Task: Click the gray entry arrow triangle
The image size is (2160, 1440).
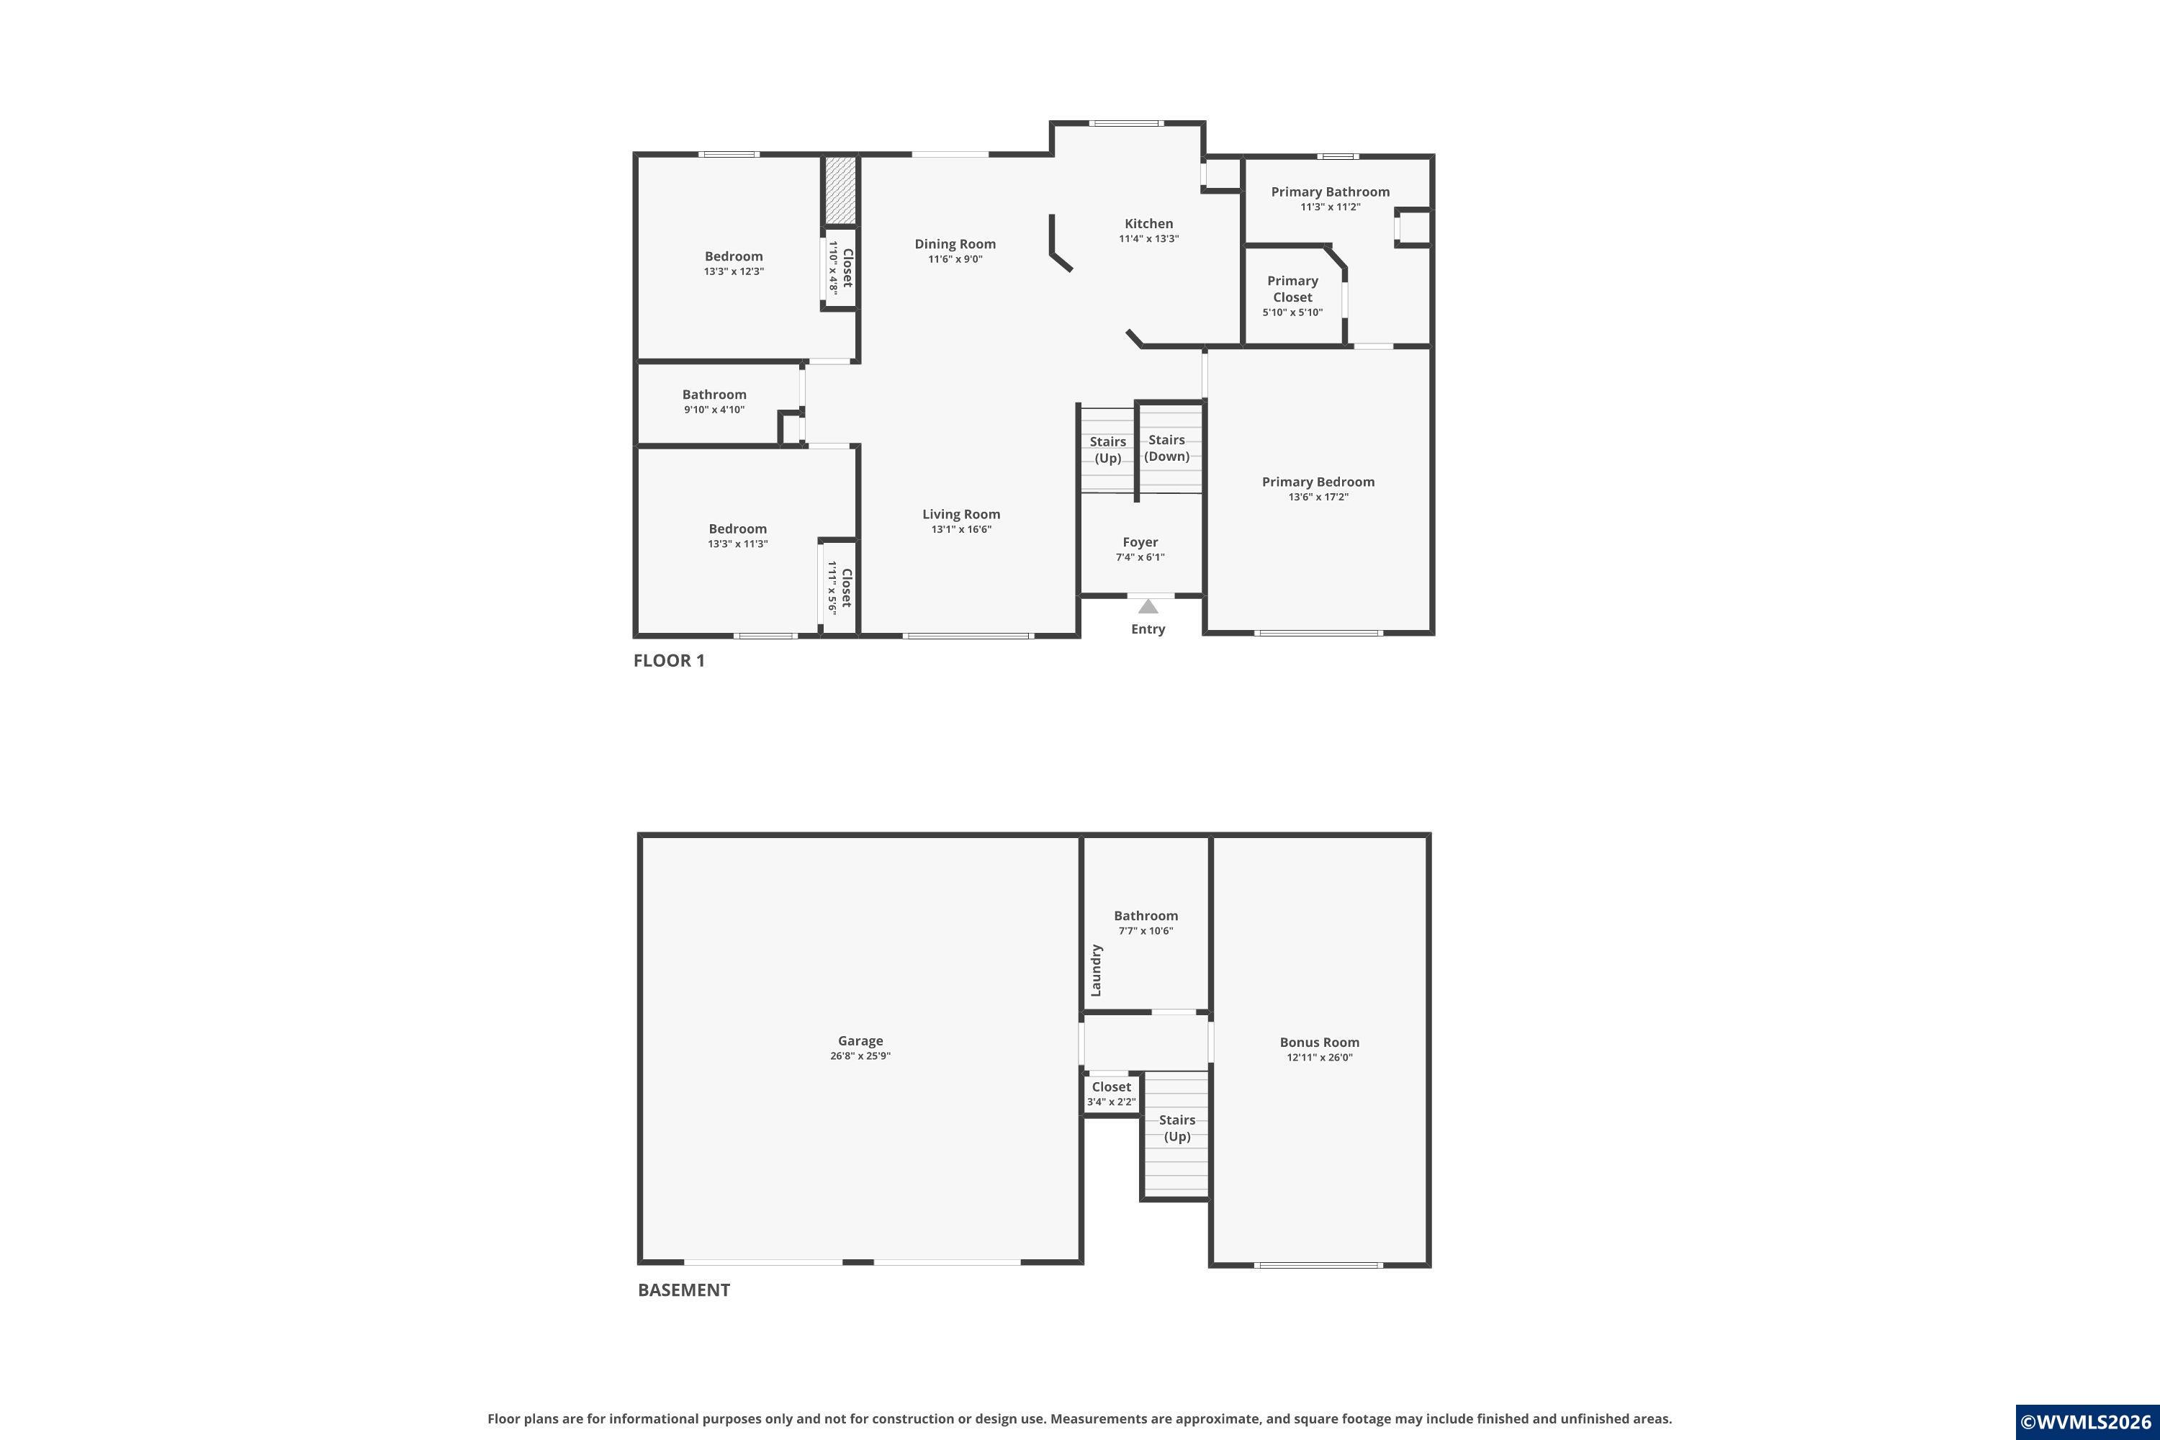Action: [x=1148, y=606]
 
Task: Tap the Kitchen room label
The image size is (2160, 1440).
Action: [x=1149, y=223]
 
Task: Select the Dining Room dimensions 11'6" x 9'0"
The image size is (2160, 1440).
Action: [x=955, y=259]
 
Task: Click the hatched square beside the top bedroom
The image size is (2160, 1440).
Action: [x=840, y=190]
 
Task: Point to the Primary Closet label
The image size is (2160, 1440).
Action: [x=1293, y=289]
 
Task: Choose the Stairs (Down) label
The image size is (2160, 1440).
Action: [x=1167, y=448]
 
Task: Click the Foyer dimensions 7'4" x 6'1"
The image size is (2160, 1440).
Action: [x=1140, y=557]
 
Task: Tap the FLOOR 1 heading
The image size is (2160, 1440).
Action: [x=670, y=660]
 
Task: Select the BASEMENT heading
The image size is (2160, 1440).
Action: [x=684, y=1290]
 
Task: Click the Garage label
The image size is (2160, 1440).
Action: [x=860, y=1040]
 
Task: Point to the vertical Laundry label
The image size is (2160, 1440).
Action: [x=1096, y=971]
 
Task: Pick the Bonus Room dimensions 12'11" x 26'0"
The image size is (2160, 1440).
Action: [x=1320, y=1057]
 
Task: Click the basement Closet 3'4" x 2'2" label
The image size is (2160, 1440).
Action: [x=1111, y=1094]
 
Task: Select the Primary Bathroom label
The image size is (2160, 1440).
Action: [x=1330, y=192]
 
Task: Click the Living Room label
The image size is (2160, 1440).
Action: [x=961, y=514]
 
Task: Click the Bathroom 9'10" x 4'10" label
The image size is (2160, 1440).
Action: [x=714, y=401]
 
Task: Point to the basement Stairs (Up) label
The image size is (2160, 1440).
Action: [x=1177, y=1128]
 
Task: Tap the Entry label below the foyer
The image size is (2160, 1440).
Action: [x=1148, y=629]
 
